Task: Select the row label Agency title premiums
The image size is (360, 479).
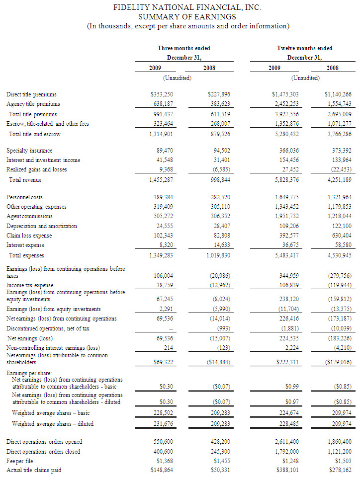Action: coord(33,104)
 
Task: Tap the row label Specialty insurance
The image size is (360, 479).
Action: coord(29,150)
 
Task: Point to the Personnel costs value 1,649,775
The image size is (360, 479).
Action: coord(284,197)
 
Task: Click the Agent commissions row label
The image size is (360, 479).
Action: coord(32,216)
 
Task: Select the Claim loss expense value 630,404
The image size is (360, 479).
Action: coord(340,235)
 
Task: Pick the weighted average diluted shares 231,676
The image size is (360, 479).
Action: coord(163,423)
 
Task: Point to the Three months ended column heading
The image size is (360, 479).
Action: coord(184,48)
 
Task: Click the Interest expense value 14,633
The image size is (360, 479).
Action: coord(219,244)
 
